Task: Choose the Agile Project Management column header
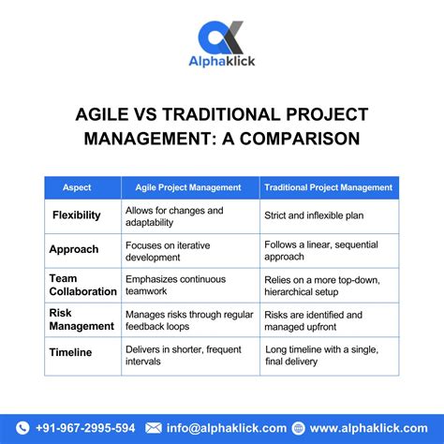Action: tap(188, 187)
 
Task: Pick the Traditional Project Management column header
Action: tap(328, 187)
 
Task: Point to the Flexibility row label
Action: tap(77, 215)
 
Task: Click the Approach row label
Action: tap(75, 250)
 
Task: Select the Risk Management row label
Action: tap(81, 319)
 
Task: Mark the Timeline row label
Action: tap(72, 353)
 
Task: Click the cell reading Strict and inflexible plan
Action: tap(315, 215)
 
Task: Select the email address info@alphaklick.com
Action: tap(215, 428)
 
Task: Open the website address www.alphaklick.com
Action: tap(367, 428)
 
